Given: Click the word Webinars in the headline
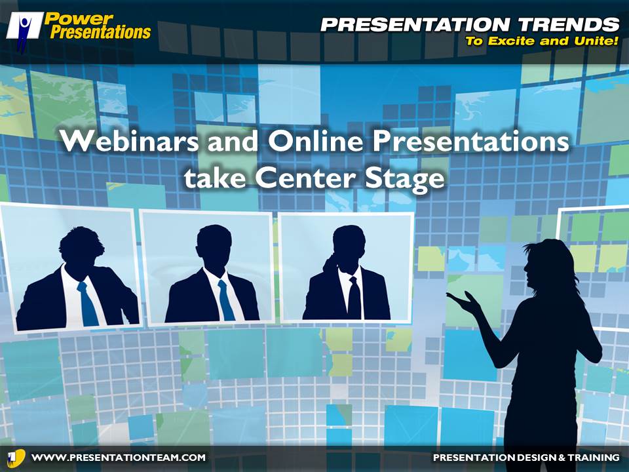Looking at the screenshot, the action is coord(130,141).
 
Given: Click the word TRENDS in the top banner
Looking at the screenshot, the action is coord(569,25).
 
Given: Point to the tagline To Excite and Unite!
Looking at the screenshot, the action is coord(542,41).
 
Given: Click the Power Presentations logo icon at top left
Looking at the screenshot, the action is coord(24,31).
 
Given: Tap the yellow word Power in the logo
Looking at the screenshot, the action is coord(79,18).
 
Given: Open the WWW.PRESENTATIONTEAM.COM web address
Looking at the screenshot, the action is coord(119,458).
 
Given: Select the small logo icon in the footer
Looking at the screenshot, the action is coord(16,458).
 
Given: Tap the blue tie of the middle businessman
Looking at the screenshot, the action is coord(226,300).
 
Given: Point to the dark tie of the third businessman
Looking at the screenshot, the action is coord(354,298).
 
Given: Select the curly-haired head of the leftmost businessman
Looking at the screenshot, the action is coord(81,250).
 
